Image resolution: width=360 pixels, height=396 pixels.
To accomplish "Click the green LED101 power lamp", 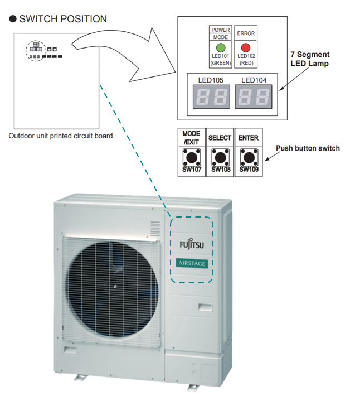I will coord(221,47).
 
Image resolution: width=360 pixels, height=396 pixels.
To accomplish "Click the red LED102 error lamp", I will coord(246,47).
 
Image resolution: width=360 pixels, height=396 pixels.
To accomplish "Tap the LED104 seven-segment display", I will coord(254,98).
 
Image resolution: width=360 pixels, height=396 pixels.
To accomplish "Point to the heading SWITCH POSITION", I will coord(63,19).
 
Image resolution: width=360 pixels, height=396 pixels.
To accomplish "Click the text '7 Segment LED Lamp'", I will coord(310,59).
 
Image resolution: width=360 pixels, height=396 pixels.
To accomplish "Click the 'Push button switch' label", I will coord(308,148).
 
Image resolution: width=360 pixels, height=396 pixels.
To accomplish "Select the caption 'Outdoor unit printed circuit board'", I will coord(61,136).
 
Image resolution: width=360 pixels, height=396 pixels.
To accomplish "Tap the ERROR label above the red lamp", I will coord(246,33).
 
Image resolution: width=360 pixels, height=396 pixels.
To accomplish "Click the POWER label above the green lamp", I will coord(221,30).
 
